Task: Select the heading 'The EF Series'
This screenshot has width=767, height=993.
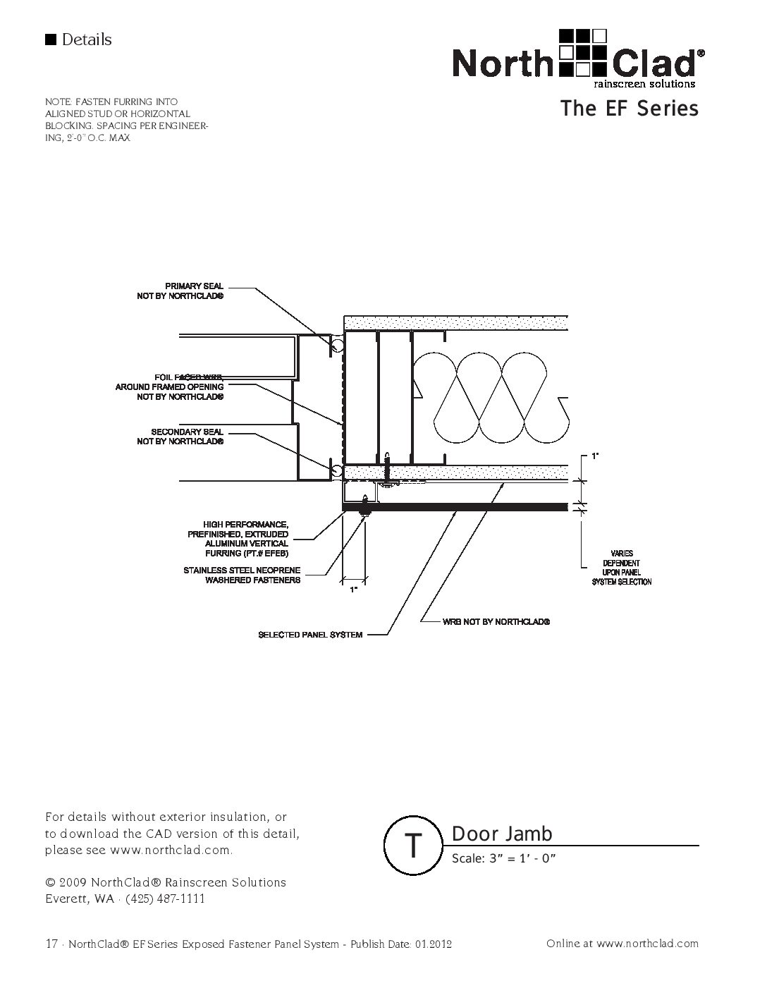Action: tap(629, 109)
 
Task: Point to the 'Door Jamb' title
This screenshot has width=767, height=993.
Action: tap(502, 834)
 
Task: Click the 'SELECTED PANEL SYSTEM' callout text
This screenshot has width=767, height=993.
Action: tap(310, 635)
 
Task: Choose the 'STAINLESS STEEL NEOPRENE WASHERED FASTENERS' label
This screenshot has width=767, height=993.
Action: tap(243, 575)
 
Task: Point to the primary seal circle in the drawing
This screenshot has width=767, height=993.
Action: tap(337, 345)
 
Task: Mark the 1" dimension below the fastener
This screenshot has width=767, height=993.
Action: tap(353, 588)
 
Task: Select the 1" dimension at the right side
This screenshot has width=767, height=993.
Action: tap(595, 457)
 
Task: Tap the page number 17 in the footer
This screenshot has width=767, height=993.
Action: tap(51, 944)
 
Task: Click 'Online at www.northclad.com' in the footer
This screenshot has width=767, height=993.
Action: tap(622, 943)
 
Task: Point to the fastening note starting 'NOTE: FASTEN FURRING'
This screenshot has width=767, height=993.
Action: tap(127, 120)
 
